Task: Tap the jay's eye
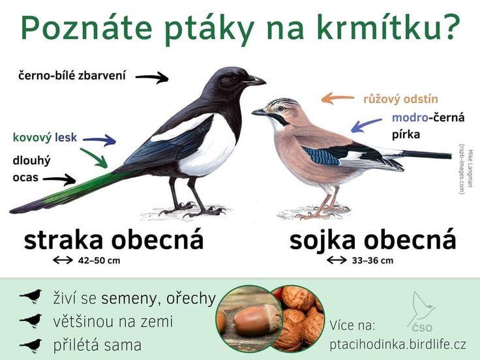click(280, 108)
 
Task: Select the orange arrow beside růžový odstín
click(337, 98)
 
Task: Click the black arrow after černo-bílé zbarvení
click(152, 78)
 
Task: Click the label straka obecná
click(113, 240)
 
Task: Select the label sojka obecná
click(372, 240)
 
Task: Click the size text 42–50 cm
click(99, 260)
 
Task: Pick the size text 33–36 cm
click(372, 260)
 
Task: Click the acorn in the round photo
click(256, 320)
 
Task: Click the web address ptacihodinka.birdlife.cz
click(398, 344)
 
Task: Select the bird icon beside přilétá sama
click(31, 345)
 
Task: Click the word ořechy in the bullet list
click(191, 298)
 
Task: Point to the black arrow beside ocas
click(59, 179)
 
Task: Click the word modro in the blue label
click(408, 118)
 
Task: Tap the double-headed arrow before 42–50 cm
click(63, 260)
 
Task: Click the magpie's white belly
click(208, 150)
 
